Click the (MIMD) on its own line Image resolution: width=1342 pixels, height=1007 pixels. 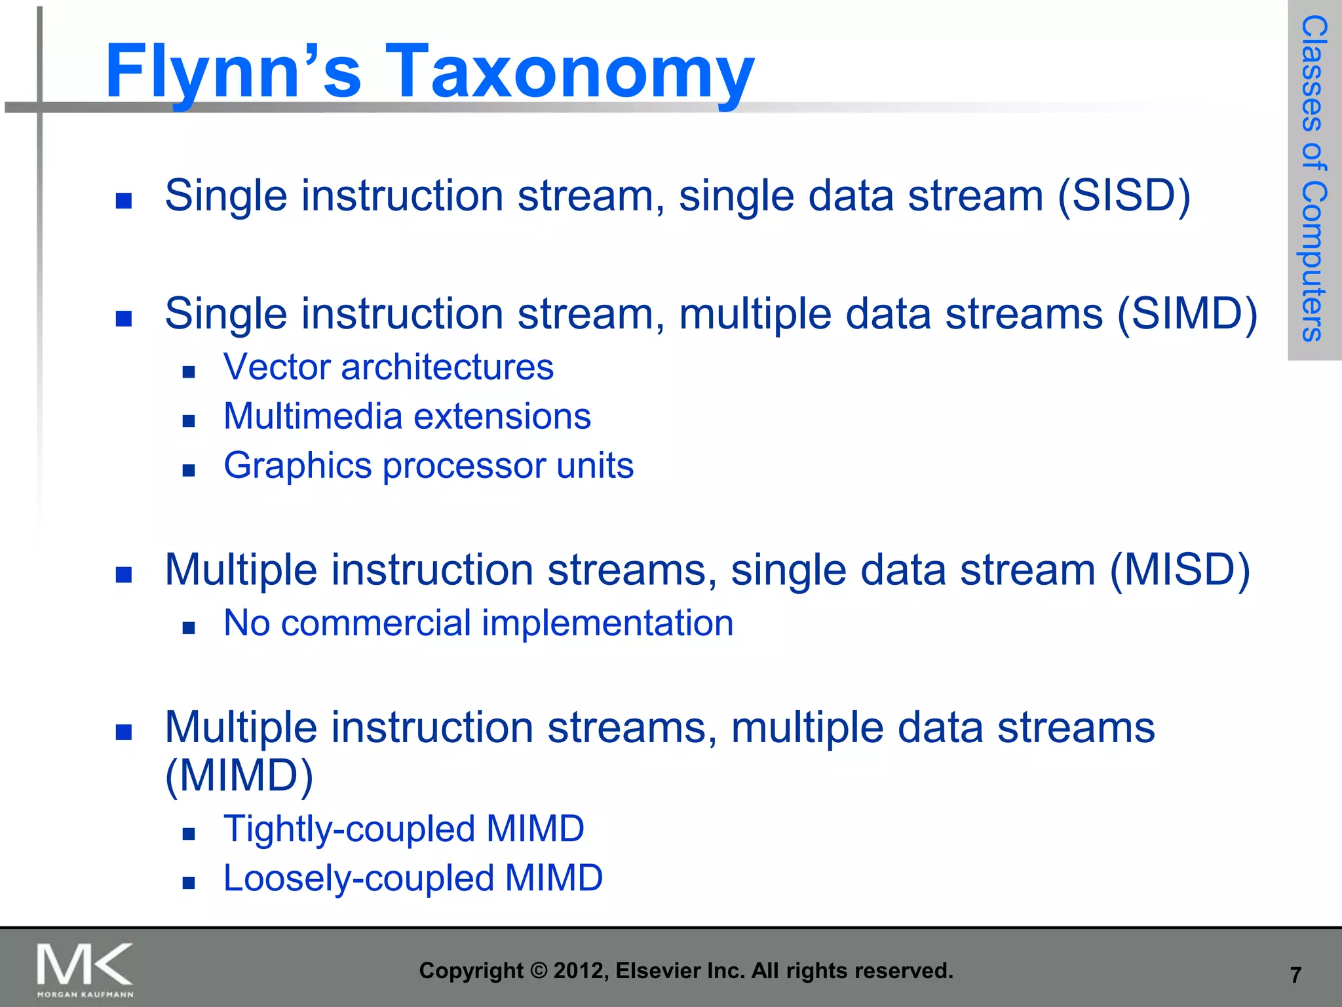tap(239, 776)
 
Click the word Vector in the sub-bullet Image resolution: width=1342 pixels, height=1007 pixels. tap(276, 366)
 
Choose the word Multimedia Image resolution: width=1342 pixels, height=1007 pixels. tap(313, 416)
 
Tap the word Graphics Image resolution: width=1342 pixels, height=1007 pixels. tap(298, 466)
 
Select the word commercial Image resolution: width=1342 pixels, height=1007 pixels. tap(375, 623)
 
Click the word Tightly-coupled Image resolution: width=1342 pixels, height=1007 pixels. tap(349, 829)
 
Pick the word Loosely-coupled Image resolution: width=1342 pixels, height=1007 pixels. tap(358, 878)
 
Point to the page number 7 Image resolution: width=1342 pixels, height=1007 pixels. tap(1295, 976)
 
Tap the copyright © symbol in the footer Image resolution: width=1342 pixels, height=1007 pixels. tap(539, 970)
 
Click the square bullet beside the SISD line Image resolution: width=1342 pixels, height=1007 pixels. tap(123, 200)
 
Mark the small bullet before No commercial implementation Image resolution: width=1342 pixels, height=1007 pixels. tap(189, 628)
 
